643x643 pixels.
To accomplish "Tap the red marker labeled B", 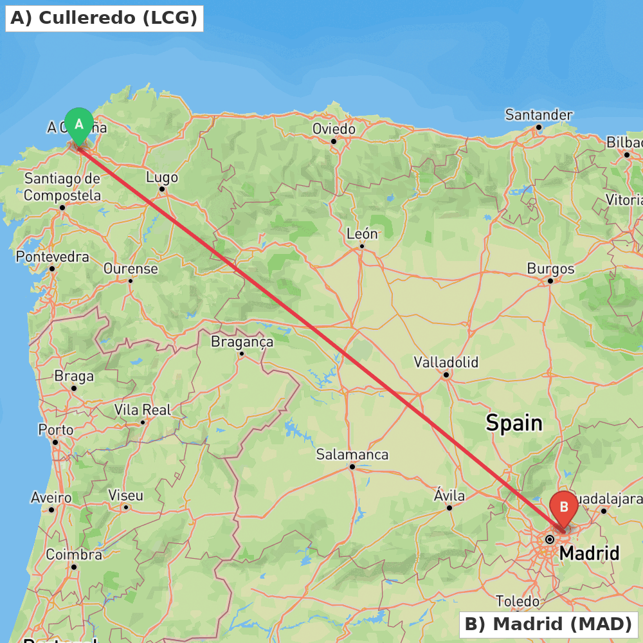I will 564,507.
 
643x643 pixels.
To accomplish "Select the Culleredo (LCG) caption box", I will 104,18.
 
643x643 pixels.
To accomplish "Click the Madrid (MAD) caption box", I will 548,624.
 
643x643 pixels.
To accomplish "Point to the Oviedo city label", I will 334,129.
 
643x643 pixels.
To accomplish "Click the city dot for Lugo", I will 162,189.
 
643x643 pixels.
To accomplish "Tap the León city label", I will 362,234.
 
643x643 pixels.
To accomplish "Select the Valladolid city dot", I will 446,374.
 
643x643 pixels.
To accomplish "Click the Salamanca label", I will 352,455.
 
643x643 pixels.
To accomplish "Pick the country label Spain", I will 514,423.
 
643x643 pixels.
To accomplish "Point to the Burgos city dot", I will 550,281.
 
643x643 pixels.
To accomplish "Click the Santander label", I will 538,115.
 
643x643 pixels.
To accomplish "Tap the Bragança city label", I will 242,342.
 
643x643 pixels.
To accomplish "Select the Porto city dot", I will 55,442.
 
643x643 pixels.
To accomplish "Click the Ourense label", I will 131,268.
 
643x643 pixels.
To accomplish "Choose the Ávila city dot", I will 449,508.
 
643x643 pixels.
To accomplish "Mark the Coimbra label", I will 74,554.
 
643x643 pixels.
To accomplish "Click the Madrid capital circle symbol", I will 550,539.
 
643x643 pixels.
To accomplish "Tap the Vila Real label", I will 143,410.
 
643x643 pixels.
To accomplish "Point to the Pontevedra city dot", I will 52,269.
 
